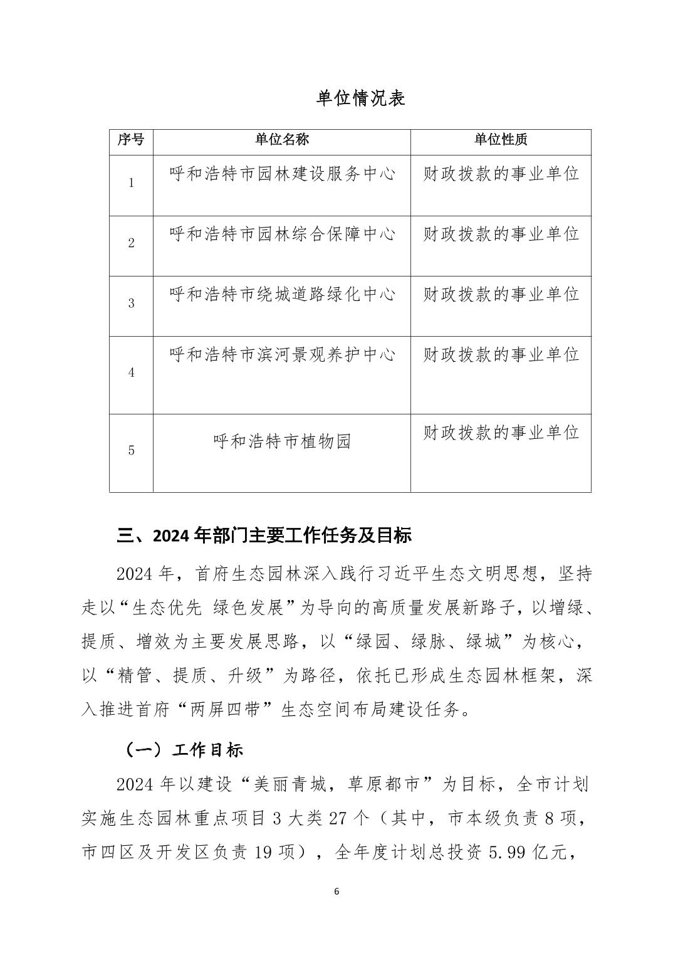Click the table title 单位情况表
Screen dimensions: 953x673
[x=361, y=98]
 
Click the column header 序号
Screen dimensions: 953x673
[x=131, y=140]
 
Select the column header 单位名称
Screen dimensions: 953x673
[x=282, y=140]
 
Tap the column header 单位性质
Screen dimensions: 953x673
[x=501, y=140]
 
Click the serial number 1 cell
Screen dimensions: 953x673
[x=132, y=183]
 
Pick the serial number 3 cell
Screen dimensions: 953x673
[x=132, y=303]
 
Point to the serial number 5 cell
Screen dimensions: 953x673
[x=132, y=450]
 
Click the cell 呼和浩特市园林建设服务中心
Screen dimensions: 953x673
[x=282, y=174]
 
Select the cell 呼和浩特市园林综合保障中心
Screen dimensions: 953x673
[x=282, y=234]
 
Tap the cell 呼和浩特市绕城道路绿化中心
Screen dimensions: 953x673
[x=282, y=294]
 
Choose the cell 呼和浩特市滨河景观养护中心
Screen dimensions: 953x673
[x=282, y=354]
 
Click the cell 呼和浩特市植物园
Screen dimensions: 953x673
[x=282, y=441]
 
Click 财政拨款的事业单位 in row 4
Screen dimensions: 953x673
[x=501, y=354]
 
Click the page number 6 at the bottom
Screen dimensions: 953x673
[x=336, y=892]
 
